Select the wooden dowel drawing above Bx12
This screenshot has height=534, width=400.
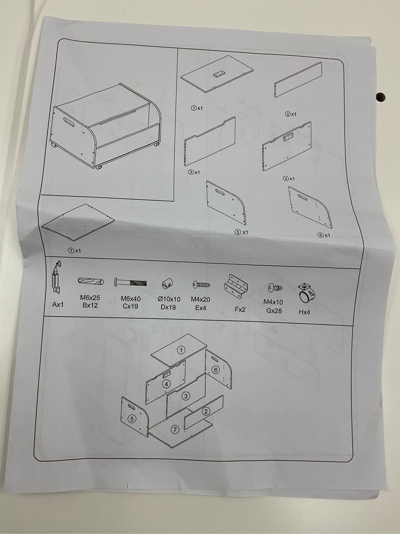(91, 281)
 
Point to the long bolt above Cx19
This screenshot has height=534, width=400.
(130, 282)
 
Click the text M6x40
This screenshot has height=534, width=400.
(131, 299)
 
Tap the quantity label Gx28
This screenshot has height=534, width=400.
(274, 311)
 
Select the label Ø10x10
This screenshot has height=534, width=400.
(169, 299)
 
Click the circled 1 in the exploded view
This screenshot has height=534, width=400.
(181, 350)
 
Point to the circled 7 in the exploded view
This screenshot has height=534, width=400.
(175, 429)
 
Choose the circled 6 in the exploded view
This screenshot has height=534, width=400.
(215, 370)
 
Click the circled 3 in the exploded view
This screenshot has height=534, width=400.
(186, 396)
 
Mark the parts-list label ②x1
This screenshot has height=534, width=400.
(291, 114)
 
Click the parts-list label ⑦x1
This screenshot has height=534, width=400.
(74, 250)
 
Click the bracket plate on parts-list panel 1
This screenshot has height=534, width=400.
(219, 74)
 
